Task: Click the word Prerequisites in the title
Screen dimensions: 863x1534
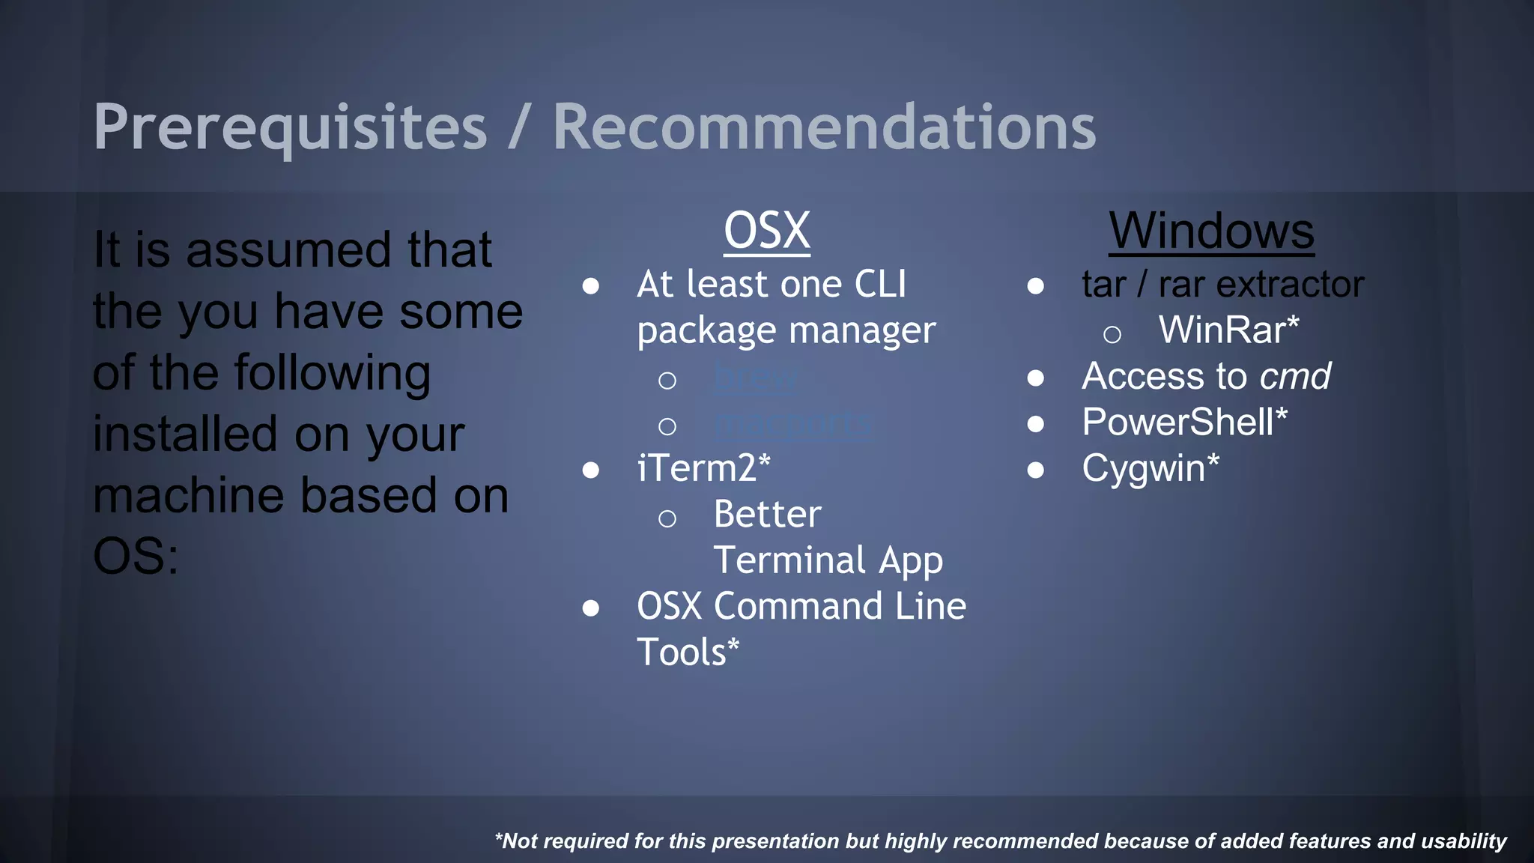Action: pos(290,127)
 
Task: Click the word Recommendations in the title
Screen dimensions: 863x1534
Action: pos(824,127)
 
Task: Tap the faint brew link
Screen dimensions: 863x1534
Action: pos(755,376)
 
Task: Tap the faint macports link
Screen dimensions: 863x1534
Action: pos(792,423)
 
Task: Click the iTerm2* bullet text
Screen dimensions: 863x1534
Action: pos(703,468)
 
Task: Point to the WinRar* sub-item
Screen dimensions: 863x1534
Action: pos(1228,330)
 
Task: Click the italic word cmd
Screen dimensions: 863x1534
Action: pos(1295,376)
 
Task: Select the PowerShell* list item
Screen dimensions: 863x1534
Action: pos(1184,422)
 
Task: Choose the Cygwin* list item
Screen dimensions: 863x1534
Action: pos(1150,469)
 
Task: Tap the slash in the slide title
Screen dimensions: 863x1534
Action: pos(518,127)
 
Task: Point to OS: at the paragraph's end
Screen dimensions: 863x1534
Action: pos(136,557)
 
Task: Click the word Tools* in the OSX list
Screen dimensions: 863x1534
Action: pos(688,652)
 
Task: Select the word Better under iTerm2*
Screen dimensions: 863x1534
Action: pos(767,515)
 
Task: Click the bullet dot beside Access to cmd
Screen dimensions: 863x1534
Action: pos(1035,378)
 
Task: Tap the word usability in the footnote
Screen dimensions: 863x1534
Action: pos(1464,841)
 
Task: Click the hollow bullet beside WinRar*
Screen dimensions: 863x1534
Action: pos(1112,334)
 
